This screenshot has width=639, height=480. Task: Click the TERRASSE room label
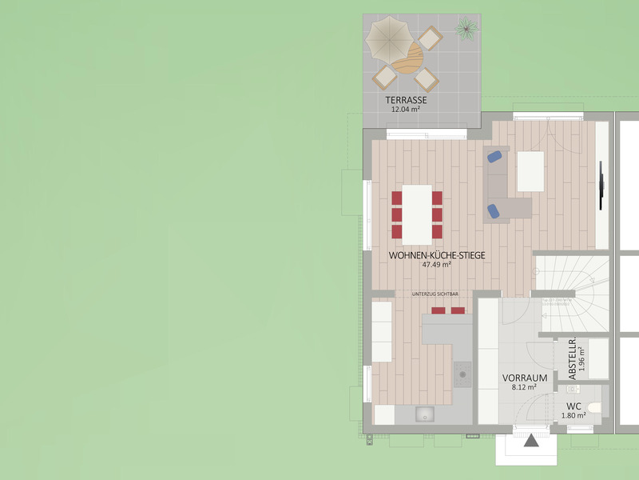tap(406, 100)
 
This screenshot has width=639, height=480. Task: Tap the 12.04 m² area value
tap(406, 110)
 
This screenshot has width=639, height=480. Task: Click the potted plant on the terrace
tap(466, 29)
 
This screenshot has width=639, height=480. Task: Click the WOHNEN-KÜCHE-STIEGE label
tap(437, 255)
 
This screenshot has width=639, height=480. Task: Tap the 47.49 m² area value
tap(436, 265)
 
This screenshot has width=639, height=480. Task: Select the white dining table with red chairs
tap(417, 214)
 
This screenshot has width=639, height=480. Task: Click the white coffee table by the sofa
tap(530, 171)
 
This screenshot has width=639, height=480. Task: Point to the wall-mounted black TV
tap(601, 186)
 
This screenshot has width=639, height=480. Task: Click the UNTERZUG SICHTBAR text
tap(435, 294)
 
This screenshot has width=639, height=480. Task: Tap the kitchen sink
tap(425, 414)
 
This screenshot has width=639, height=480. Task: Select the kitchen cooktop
tap(462, 374)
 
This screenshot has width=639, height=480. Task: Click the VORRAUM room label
tap(525, 378)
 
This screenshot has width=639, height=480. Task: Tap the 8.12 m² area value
tap(524, 387)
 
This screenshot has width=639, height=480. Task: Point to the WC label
tap(574, 406)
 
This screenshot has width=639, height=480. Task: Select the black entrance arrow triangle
tap(531, 441)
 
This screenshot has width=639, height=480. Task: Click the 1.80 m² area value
tap(574, 415)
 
